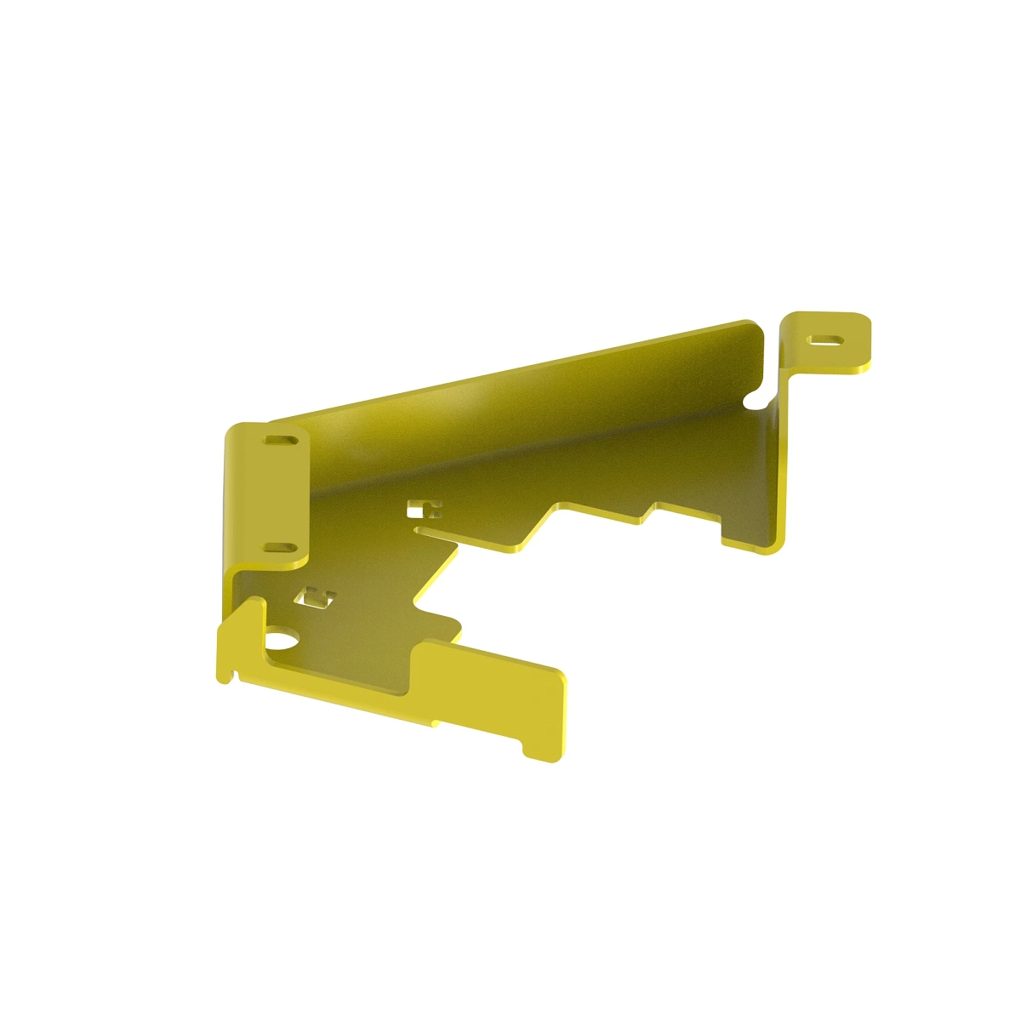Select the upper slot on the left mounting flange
(x=280, y=442)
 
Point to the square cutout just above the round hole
(x=315, y=597)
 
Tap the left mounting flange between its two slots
(x=277, y=495)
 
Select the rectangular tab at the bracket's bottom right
(x=493, y=689)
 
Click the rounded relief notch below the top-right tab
(x=754, y=397)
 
